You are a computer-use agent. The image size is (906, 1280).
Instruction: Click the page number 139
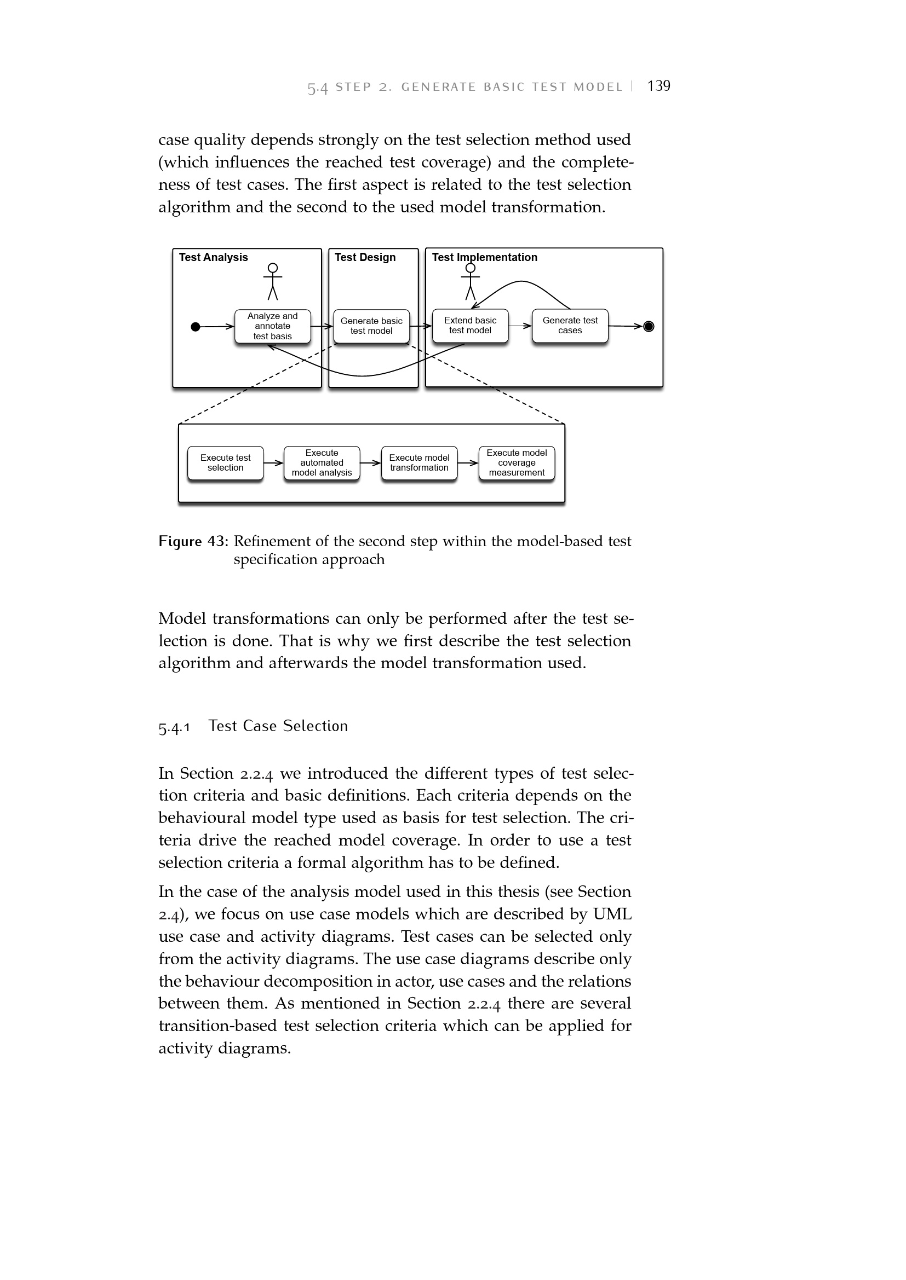(658, 86)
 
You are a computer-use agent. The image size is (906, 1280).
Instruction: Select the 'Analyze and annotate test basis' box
(272, 326)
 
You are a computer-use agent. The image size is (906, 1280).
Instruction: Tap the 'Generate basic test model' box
(371, 326)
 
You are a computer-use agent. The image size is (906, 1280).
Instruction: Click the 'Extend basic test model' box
(470, 326)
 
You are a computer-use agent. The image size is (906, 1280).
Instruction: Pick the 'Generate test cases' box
(570, 326)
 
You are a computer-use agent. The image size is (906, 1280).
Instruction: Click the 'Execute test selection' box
(225, 463)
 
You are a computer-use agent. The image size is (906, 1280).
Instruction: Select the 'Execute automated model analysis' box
(322, 463)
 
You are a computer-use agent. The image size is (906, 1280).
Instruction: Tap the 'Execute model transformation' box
(419, 463)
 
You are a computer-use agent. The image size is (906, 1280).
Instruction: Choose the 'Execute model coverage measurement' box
(517, 463)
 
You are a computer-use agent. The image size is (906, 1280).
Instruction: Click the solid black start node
(195, 327)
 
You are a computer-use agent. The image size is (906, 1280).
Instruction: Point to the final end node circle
(648, 327)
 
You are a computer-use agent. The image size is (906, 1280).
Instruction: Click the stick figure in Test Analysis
(273, 281)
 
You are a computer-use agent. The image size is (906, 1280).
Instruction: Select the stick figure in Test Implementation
(471, 281)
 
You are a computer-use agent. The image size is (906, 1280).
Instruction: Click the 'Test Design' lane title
(365, 257)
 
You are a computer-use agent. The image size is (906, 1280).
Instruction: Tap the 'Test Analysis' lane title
(213, 257)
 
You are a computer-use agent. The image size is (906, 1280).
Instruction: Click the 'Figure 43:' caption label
(193, 541)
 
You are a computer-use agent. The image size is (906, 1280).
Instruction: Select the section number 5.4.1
(174, 727)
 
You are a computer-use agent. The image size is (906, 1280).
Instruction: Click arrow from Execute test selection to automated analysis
(273, 463)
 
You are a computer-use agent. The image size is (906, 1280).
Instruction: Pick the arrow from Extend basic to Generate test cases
(520, 326)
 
